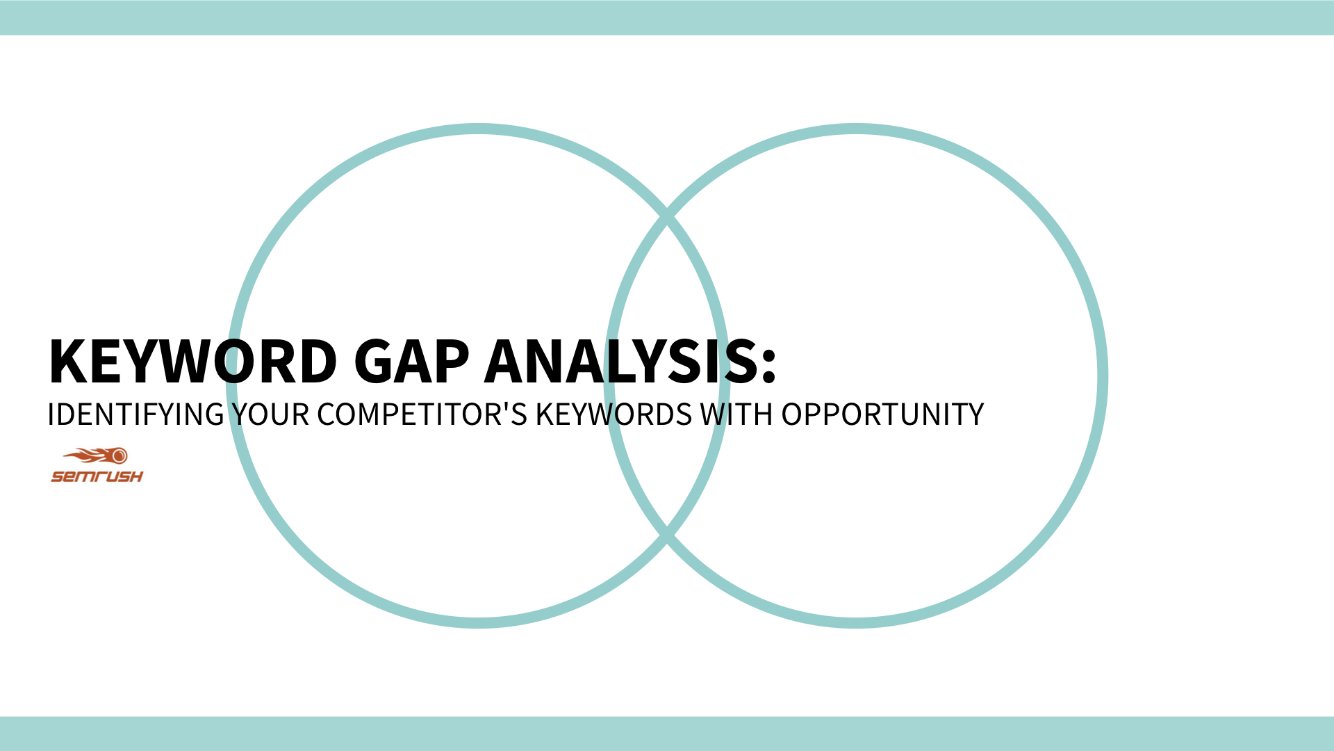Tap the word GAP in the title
coord(411,362)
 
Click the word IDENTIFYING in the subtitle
coord(135,415)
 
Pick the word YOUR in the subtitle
coord(270,415)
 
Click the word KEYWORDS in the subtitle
coord(614,415)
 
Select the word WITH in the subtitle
coord(736,415)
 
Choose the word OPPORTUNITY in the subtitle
coord(882,415)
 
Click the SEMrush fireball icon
coord(97,456)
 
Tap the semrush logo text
coord(97,476)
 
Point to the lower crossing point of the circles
coord(667,535)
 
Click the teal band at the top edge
coord(667,17)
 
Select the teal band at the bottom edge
coord(667,734)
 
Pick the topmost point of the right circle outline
coord(856,129)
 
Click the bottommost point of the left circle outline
coord(478,622)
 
